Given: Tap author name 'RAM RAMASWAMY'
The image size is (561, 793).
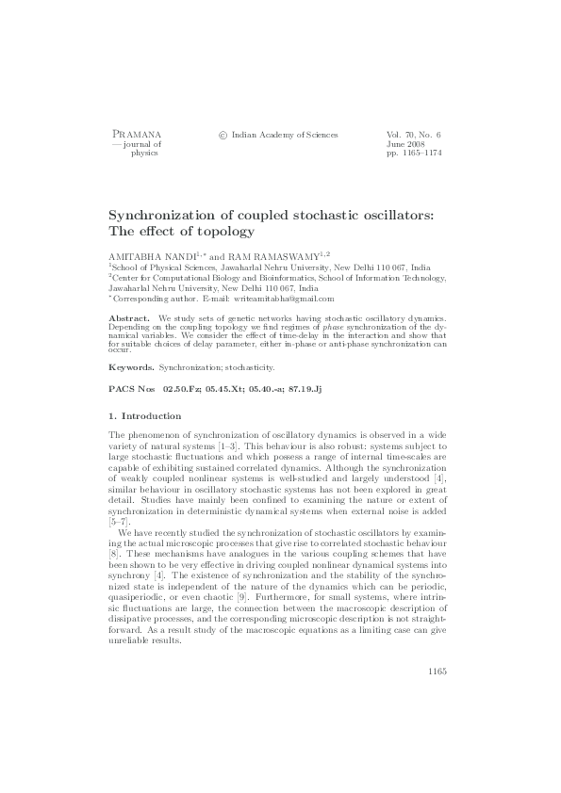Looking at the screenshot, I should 274,254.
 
